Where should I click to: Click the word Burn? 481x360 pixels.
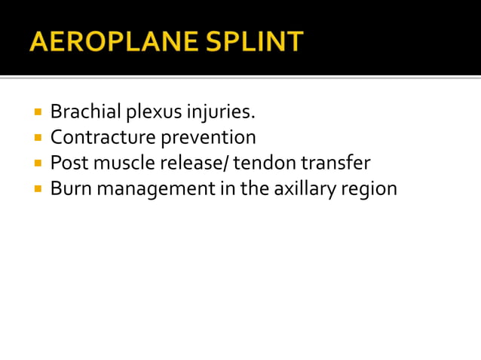click(x=69, y=188)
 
